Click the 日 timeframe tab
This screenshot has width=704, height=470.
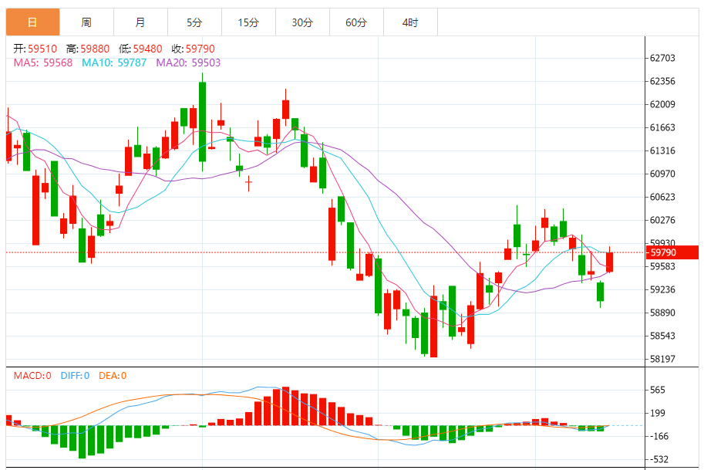point(32,22)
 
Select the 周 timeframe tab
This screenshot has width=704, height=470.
point(86,22)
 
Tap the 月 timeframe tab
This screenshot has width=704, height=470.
point(140,22)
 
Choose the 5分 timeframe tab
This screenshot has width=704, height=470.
point(194,22)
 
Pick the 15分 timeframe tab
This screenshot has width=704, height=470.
point(248,22)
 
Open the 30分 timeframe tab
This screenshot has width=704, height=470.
point(302,22)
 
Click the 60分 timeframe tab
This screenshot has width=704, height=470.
point(356,22)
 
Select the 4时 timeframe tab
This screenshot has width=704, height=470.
point(410,22)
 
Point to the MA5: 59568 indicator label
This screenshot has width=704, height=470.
point(43,63)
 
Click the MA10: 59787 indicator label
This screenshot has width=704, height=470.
point(114,63)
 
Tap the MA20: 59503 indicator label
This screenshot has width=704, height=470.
point(188,63)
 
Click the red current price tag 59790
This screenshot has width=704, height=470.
point(672,252)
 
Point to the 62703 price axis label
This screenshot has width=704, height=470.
point(662,58)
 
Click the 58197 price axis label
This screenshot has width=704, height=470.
point(662,359)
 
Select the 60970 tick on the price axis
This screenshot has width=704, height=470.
point(662,174)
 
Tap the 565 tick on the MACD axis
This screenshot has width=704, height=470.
point(658,390)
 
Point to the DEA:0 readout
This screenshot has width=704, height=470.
point(113,376)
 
